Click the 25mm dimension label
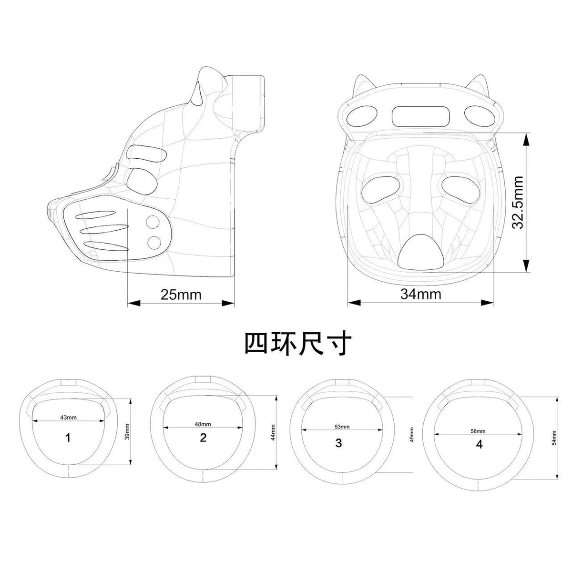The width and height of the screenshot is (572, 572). [x=181, y=295]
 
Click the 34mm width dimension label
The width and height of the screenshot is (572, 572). [x=420, y=294]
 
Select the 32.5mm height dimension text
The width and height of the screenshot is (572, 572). [x=518, y=203]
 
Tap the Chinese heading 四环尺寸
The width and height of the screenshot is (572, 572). [x=298, y=345]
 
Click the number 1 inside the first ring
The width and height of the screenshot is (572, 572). [x=68, y=438]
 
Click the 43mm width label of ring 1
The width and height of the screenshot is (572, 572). [x=68, y=417]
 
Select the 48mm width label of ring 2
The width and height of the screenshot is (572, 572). [x=203, y=424]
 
